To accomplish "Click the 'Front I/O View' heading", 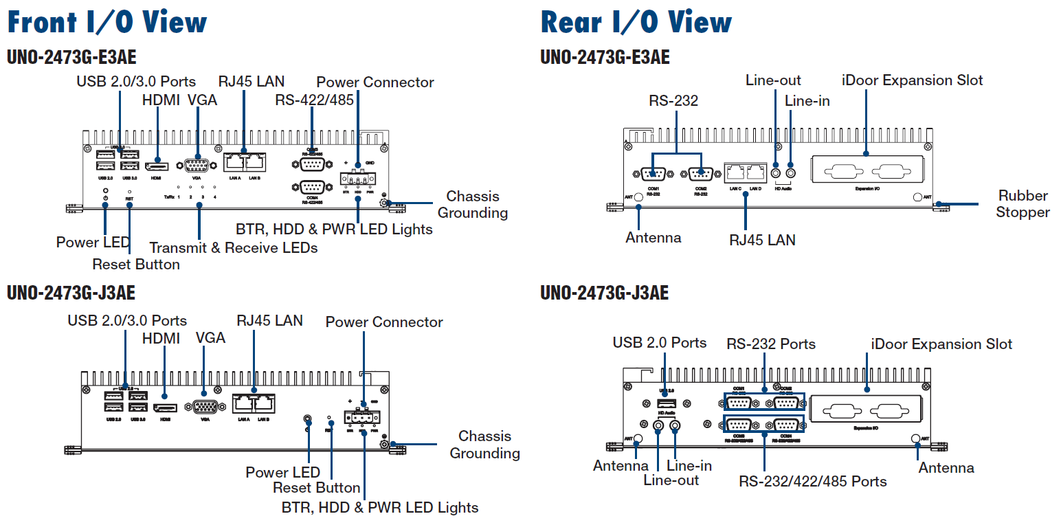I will (107, 22).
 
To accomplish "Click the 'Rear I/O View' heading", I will (636, 22).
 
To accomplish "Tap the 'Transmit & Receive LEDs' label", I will (234, 247).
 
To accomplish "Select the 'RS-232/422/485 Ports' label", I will (813, 481).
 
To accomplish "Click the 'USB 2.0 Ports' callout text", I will (660, 342).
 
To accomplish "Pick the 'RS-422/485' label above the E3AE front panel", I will (315, 100).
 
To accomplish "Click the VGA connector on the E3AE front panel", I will (197, 166).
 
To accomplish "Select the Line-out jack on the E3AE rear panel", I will (777, 165).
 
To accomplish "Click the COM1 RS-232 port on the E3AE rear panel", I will (653, 174).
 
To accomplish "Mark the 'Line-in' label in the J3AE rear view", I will (689, 465).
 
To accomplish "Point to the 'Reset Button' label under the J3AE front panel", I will (317, 488).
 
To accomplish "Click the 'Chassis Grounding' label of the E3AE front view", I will (473, 205).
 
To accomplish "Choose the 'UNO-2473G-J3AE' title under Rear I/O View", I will (605, 293).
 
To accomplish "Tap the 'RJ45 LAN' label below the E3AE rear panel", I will (762, 240).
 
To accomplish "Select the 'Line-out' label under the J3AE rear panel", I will (671, 480).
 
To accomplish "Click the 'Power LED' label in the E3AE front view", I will (93, 242).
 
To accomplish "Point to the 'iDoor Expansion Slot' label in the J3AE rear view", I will (941, 344).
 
